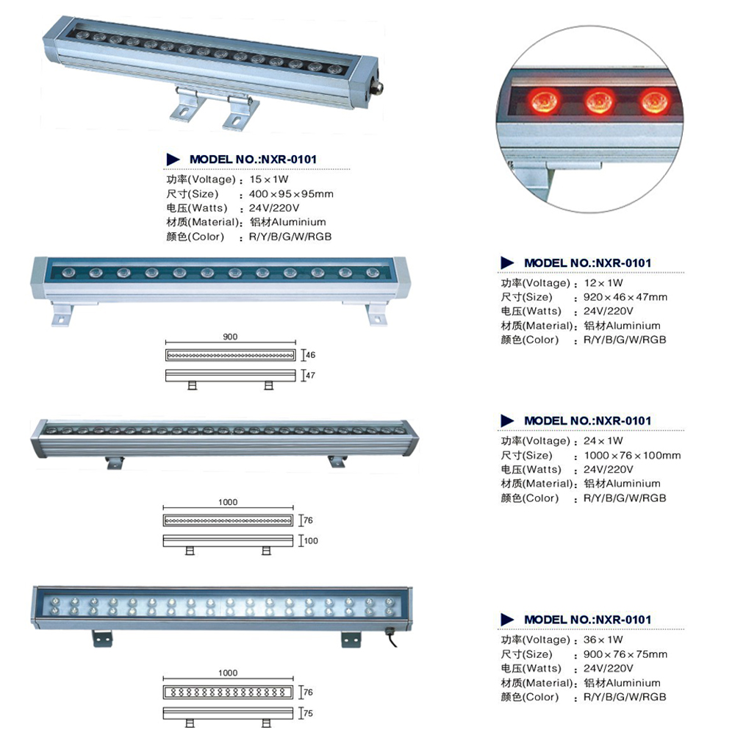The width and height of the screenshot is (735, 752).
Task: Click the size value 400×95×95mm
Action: click(x=291, y=194)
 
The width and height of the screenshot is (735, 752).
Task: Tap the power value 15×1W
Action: click(x=268, y=179)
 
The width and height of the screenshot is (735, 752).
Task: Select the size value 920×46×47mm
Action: click(x=625, y=298)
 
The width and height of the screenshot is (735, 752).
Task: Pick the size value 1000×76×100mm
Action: click(x=632, y=456)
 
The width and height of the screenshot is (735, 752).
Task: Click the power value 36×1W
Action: click(x=603, y=640)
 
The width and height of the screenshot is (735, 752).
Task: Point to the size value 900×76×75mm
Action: click(x=625, y=655)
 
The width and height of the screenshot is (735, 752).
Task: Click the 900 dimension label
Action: click(x=230, y=337)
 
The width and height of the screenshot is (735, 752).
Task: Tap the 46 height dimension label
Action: click(x=310, y=355)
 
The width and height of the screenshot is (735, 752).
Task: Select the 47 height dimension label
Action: click(x=310, y=375)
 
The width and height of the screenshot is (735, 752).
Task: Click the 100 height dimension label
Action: click(x=311, y=540)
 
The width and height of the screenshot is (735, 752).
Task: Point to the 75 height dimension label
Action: click(x=308, y=713)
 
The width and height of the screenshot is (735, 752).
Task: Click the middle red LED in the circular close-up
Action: click(x=599, y=101)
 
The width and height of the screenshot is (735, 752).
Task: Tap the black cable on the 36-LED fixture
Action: click(x=391, y=638)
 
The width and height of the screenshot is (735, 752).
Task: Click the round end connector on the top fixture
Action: click(x=379, y=87)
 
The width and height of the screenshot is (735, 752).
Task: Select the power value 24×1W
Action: click(x=603, y=441)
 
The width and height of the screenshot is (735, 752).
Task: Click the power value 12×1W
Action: click(x=603, y=283)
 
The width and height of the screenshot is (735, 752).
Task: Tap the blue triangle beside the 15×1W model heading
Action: click(x=173, y=160)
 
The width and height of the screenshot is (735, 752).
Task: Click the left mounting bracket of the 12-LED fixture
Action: click(x=62, y=314)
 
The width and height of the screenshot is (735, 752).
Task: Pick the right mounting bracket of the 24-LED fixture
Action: click(x=337, y=462)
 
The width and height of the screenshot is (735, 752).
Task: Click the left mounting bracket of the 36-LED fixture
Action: click(x=102, y=639)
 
